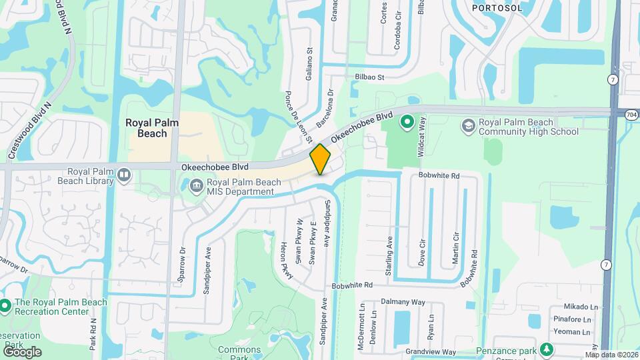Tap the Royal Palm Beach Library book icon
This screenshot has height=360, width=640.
[124, 175]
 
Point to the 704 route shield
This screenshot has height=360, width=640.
[631, 114]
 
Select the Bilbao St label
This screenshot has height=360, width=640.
[370, 77]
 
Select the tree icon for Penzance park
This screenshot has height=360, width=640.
[547, 349]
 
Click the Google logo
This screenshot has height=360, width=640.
[21, 351]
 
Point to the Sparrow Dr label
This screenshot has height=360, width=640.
[182, 266]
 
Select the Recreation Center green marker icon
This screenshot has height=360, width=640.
[5, 307]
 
